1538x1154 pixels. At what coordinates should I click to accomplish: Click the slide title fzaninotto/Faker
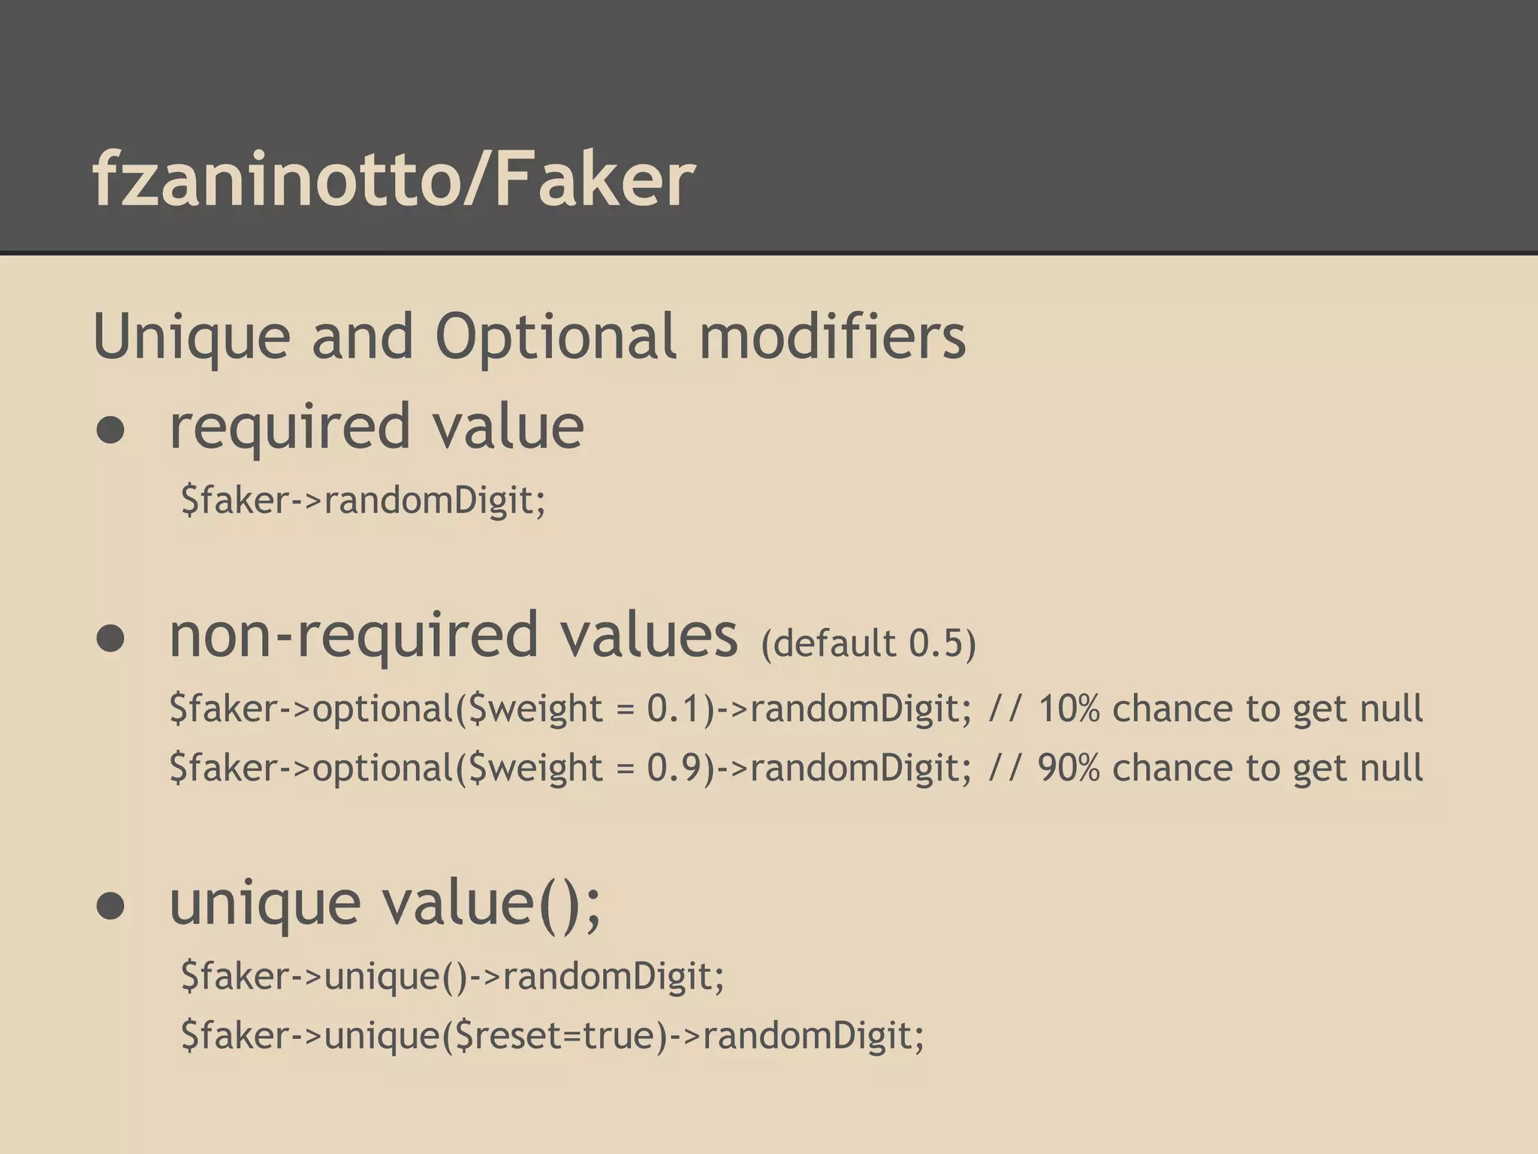[394, 178]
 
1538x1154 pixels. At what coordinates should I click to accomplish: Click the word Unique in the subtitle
[191, 337]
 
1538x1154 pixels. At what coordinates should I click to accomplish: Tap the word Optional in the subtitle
[556, 337]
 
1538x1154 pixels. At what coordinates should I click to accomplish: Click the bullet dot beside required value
[110, 430]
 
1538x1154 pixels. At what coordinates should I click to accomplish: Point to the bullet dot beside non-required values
[110, 639]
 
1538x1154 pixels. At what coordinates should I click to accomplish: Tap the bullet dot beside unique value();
[110, 905]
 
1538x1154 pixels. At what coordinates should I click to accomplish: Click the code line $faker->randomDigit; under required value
[363, 500]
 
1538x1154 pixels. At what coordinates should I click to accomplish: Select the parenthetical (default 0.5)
[868, 644]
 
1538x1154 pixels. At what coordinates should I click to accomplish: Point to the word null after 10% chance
[1392, 708]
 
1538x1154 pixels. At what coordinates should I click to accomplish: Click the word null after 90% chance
[1392, 767]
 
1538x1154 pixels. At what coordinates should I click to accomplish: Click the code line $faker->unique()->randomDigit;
[452, 977]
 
